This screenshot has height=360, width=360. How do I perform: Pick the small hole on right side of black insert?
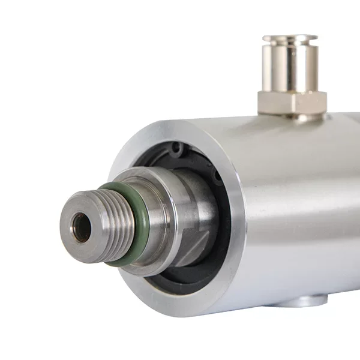(217, 175)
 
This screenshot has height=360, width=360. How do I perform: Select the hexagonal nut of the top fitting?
(292, 102)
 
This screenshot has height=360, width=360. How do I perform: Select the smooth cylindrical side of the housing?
(300, 210)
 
